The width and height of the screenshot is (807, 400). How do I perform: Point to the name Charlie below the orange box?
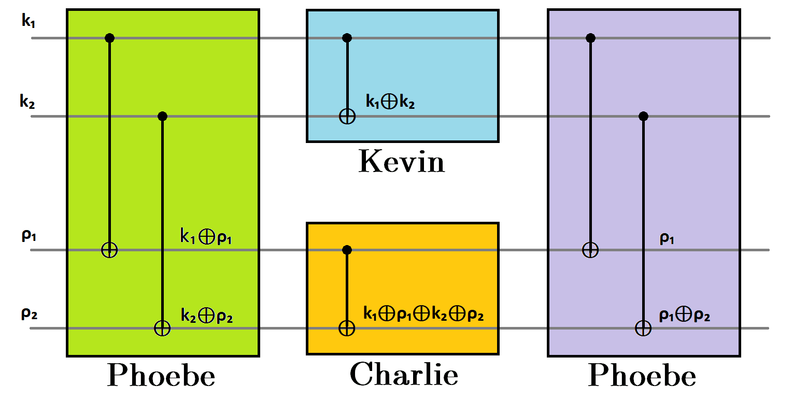pyautogui.click(x=404, y=374)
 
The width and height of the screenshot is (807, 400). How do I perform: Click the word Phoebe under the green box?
pyautogui.click(x=161, y=375)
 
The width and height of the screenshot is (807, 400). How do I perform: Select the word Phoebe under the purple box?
pyautogui.click(x=642, y=375)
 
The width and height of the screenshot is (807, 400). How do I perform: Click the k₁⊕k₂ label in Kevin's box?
pyautogui.click(x=390, y=103)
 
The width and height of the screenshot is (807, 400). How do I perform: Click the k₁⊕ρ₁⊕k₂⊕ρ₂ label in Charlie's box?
pyautogui.click(x=423, y=314)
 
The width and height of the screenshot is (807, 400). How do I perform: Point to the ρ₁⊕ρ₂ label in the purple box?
pyautogui.click(x=684, y=315)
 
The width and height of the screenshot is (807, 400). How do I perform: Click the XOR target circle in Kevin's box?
pyautogui.click(x=347, y=116)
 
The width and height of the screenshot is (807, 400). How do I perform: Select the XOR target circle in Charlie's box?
pyautogui.click(x=347, y=328)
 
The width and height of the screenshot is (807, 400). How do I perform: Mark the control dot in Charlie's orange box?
pyautogui.click(x=347, y=250)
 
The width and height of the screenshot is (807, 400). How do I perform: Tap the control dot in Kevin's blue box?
pyautogui.click(x=347, y=38)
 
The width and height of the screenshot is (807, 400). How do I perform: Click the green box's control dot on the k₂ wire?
pyautogui.click(x=162, y=116)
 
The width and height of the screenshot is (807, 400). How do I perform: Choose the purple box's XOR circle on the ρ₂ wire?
pyautogui.click(x=643, y=328)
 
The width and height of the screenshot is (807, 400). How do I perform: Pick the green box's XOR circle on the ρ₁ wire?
pyautogui.click(x=109, y=250)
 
